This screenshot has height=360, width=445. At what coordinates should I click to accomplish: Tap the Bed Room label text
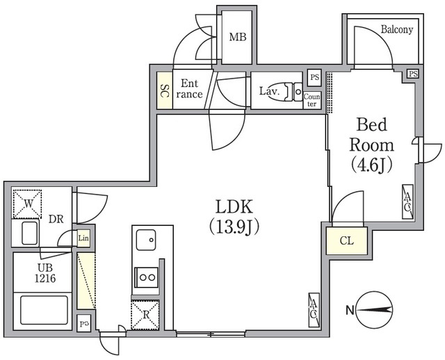371,145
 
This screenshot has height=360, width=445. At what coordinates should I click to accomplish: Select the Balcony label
397,29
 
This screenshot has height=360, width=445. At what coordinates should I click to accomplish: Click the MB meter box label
238,37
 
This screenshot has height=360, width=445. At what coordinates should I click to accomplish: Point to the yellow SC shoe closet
165,90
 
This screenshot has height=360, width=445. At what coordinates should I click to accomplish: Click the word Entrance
189,89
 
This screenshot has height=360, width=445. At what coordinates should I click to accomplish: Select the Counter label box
312,100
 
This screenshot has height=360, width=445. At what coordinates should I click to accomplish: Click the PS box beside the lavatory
314,77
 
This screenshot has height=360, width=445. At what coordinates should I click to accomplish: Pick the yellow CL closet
347,241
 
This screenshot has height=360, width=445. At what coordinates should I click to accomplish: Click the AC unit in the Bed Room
407,202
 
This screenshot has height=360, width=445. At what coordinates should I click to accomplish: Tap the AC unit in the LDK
314,310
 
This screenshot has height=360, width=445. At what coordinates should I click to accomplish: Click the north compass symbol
374,311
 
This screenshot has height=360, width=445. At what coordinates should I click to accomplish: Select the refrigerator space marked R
145,315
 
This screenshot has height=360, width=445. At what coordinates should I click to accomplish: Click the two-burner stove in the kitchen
146,277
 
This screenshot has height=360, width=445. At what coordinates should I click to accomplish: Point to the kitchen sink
146,240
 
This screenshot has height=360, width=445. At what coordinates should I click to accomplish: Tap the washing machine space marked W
27,204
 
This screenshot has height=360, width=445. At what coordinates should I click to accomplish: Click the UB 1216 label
45,273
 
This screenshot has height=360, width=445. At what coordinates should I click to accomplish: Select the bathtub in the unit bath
44,310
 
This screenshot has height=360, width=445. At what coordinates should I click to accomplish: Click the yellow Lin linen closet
83,238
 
